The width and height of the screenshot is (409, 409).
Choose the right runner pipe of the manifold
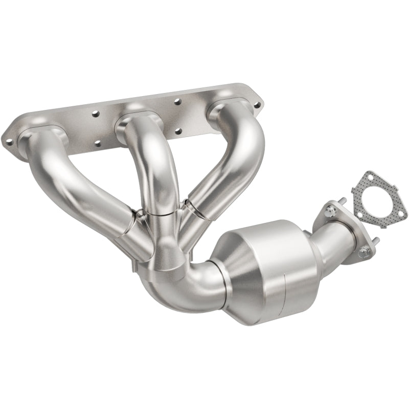pos(230,169)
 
